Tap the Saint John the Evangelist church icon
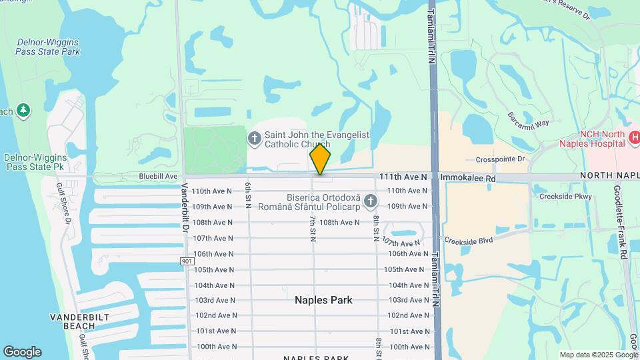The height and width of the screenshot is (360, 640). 253,139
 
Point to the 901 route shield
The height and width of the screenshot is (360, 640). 185,262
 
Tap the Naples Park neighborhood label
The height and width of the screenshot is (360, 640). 323,300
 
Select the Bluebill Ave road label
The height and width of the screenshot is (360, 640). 158,177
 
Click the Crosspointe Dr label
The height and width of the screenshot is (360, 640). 501,159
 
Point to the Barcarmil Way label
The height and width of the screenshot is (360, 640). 527,119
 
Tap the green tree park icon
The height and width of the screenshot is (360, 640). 24,109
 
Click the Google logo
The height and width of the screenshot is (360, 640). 22,351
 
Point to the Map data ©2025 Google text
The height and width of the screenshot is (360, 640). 598,355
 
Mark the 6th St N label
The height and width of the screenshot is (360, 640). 248,196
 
